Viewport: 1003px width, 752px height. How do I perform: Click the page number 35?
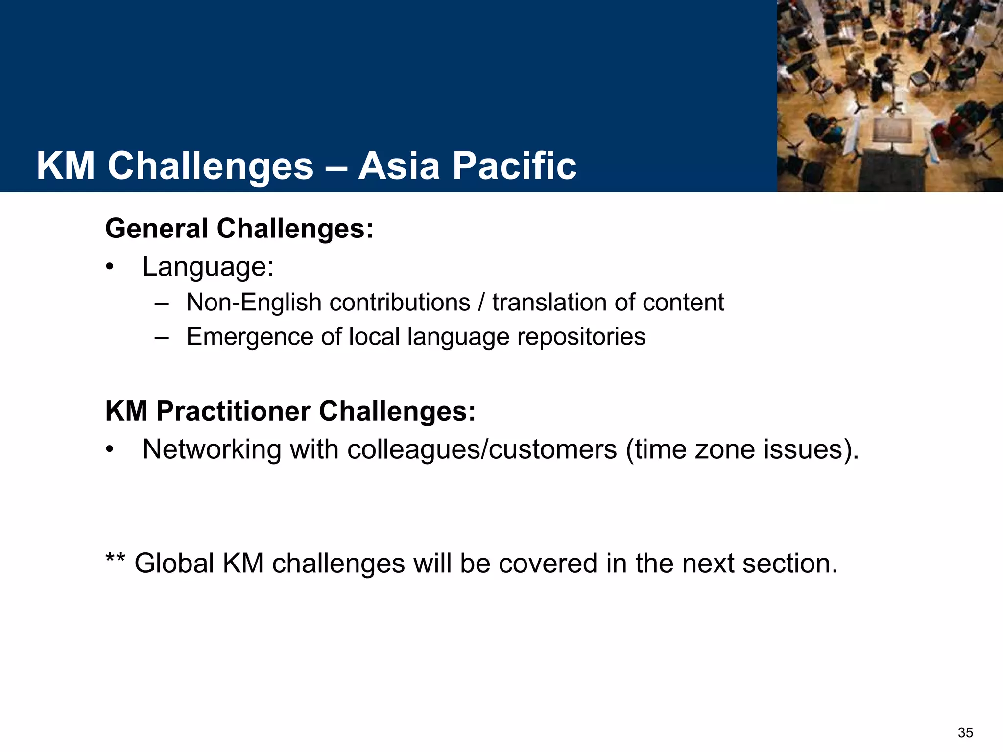click(x=965, y=732)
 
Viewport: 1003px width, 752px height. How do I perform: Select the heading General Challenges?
click(x=239, y=229)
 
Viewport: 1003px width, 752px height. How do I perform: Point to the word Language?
click(x=208, y=267)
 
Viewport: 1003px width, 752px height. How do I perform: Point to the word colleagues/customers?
click(x=482, y=449)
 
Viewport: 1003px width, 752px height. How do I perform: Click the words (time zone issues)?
click(x=741, y=449)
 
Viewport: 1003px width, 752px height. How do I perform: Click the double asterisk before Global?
click(x=115, y=558)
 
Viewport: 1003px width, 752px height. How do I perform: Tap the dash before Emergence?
click(x=161, y=337)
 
